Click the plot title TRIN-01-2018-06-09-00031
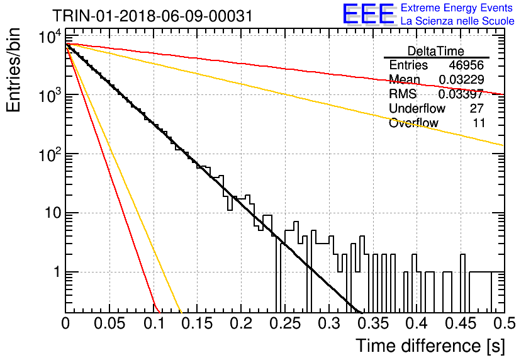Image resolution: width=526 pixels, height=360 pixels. pos(152,16)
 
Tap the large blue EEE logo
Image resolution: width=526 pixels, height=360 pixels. pos(368,14)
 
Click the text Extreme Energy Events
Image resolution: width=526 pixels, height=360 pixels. pos(457,8)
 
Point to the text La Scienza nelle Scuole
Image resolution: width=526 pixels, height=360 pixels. pos(457,21)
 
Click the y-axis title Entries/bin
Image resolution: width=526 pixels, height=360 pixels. pos(13,70)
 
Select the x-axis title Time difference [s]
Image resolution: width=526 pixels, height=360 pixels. pos(430,346)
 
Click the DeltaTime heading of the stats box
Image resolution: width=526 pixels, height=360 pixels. pos(436,51)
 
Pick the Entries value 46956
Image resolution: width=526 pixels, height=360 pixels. pos(466,65)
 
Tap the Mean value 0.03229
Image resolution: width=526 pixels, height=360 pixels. pos(461,79)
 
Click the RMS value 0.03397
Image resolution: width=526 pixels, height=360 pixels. pos(461,94)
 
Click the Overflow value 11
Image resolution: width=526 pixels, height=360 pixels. pos(479,123)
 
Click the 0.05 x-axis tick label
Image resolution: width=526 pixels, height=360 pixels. pos(109,323)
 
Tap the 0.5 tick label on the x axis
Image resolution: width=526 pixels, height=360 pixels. pos(504,323)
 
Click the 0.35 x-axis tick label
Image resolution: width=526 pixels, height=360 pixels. pos(373,323)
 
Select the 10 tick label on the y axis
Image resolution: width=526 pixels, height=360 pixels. pos(53,213)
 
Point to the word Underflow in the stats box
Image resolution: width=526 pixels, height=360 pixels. pos(417,108)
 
